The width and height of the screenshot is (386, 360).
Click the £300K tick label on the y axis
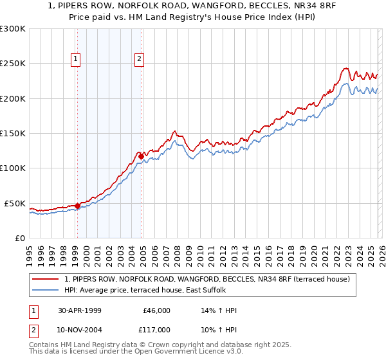click(x=13, y=29)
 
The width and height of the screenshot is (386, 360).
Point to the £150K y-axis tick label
click(x=13, y=134)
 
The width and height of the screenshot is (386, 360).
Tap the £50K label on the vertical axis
click(x=15, y=203)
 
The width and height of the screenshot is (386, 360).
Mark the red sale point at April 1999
click(x=77, y=206)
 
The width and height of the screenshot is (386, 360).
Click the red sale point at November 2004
click(x=140, y=156)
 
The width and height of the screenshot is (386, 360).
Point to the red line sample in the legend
click(x=47, y=279)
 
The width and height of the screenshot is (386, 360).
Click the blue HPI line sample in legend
click(x=47, y=290)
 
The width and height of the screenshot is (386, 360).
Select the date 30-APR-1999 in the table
click(x=78, y=310)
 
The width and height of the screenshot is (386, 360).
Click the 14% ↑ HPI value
click(x=219, y=310)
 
